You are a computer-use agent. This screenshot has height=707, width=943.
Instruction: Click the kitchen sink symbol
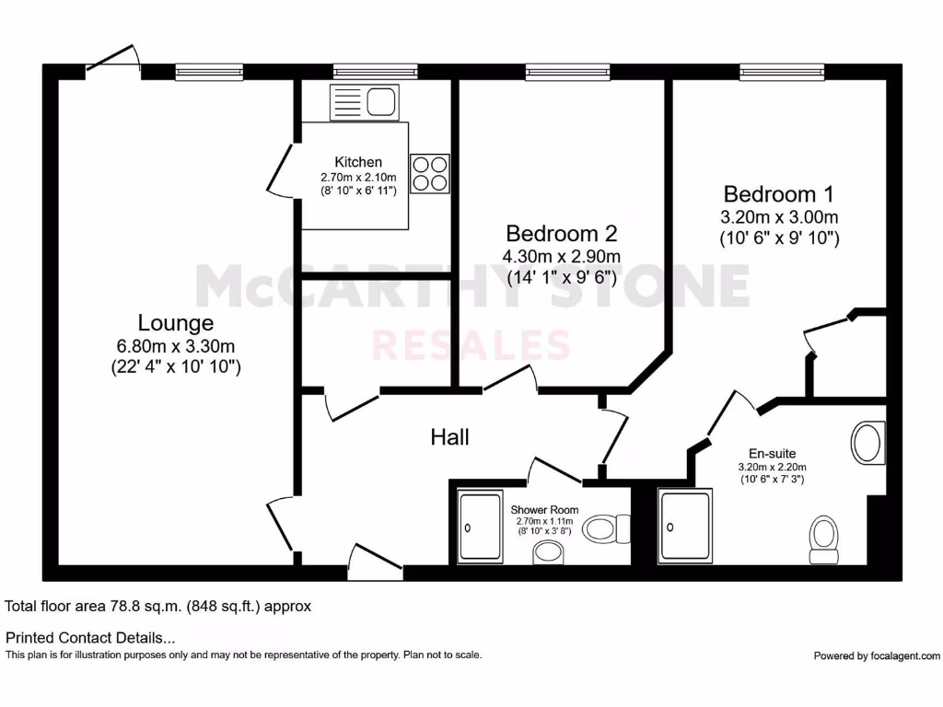[x=362, y=101]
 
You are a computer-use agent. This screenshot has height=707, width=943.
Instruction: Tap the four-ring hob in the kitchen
[x=429, y=173]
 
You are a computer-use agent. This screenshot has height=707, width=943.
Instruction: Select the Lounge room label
[x=176, y=323]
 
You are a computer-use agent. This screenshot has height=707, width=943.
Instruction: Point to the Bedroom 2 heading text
[x=562, y=233]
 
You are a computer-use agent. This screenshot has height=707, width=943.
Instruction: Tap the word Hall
[x=449, y=437]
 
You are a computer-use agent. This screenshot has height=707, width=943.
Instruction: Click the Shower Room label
[x=544, y=509]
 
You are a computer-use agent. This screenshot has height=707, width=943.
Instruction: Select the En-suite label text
[x=772, y=453]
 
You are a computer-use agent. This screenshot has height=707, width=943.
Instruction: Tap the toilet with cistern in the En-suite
[x=823, y=539]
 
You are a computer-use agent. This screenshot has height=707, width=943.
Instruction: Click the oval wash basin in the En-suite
[x=867, y=443]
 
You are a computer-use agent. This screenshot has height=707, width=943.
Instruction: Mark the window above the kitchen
[x=375, y=71]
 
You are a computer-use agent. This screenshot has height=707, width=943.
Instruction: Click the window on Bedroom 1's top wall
[x=782, y=71]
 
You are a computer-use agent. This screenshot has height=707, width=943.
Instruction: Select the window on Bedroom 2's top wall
[x=567, y=71]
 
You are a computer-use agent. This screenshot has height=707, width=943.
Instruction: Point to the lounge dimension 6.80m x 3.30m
[x=176, y=346]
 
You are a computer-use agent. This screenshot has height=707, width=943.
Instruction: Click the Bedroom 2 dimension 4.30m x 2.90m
[x=561, y=256]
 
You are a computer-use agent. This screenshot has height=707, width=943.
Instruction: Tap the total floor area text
[x=158, y=607]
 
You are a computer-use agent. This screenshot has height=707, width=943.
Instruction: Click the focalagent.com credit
[x=877, y=655]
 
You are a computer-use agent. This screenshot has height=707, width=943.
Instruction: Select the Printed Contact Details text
[x=90, y=637]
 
